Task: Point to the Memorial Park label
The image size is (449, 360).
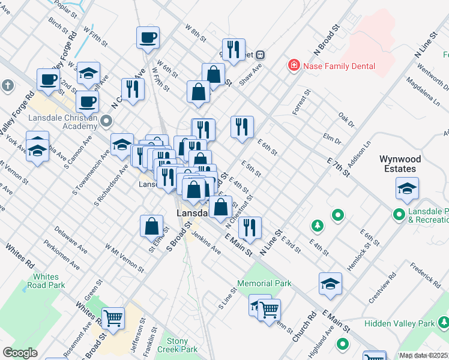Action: [x=264, y=283]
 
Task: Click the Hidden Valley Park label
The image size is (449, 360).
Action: [x=408, y=323]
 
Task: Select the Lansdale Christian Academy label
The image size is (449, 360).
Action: [x=62, y=122]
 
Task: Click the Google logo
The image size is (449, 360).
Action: [x=20, y=353]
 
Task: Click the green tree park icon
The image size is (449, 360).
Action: [x=317, y=226]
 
